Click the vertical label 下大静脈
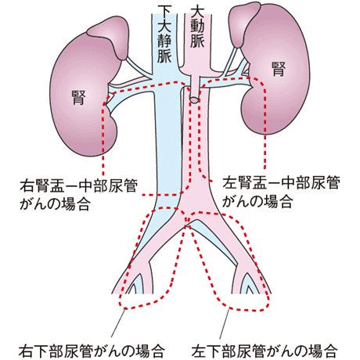tap(164, 34)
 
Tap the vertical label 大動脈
tap(197, 27)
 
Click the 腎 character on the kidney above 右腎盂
tap(79, 97)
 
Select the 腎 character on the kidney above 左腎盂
tap(279, 69)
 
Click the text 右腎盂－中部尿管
tap(78, 185)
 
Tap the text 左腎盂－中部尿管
tap(281, 183)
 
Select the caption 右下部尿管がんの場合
tap(92, 351)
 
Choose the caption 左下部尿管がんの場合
tap(265, 351)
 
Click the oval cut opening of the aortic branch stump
tap(194, 99)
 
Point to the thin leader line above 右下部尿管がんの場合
tap(119, 322)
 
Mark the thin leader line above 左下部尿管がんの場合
tap(225, 324)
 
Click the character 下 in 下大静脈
tap(164, 12)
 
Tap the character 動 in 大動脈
tap(197, 27)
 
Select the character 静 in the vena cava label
tap(164, 41)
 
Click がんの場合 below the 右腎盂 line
tap(56, 203)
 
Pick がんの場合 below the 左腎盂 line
tap(257, 201)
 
